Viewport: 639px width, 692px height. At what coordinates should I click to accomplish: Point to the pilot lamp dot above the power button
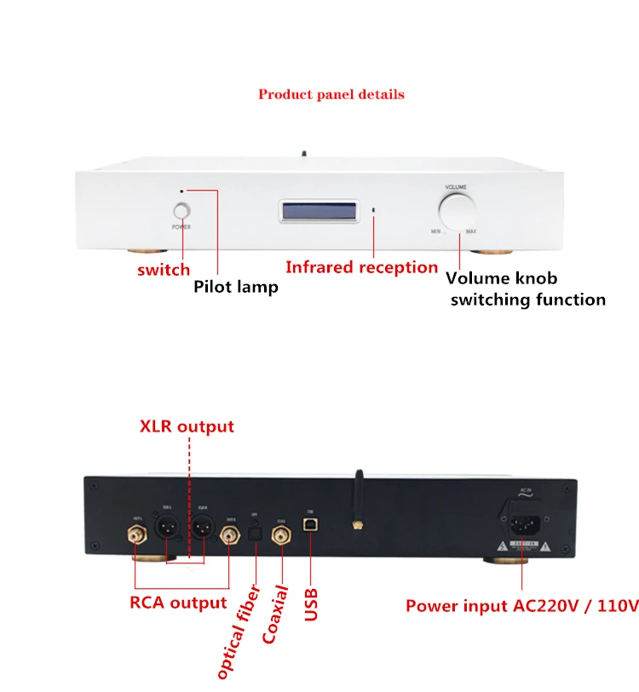coord(181,192)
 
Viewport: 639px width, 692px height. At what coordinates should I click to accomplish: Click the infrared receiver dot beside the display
coord(373,209)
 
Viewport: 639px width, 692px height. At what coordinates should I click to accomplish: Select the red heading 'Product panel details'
coord(331,94)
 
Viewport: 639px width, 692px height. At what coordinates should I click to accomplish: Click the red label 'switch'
coord(164,270)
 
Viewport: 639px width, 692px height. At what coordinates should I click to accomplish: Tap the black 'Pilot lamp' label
coord(236,287)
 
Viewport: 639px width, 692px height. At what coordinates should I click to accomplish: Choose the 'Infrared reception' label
coord(361,267)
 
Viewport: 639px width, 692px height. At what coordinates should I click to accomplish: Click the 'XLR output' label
coord(187,426)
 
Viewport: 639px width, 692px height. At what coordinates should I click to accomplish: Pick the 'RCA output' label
coord(178,603)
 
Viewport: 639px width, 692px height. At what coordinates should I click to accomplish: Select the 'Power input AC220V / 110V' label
coord(521,606)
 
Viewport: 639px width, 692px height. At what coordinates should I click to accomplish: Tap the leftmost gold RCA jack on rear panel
coord(135,535)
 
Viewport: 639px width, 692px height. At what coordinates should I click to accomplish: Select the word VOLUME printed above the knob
coord(455,186)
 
